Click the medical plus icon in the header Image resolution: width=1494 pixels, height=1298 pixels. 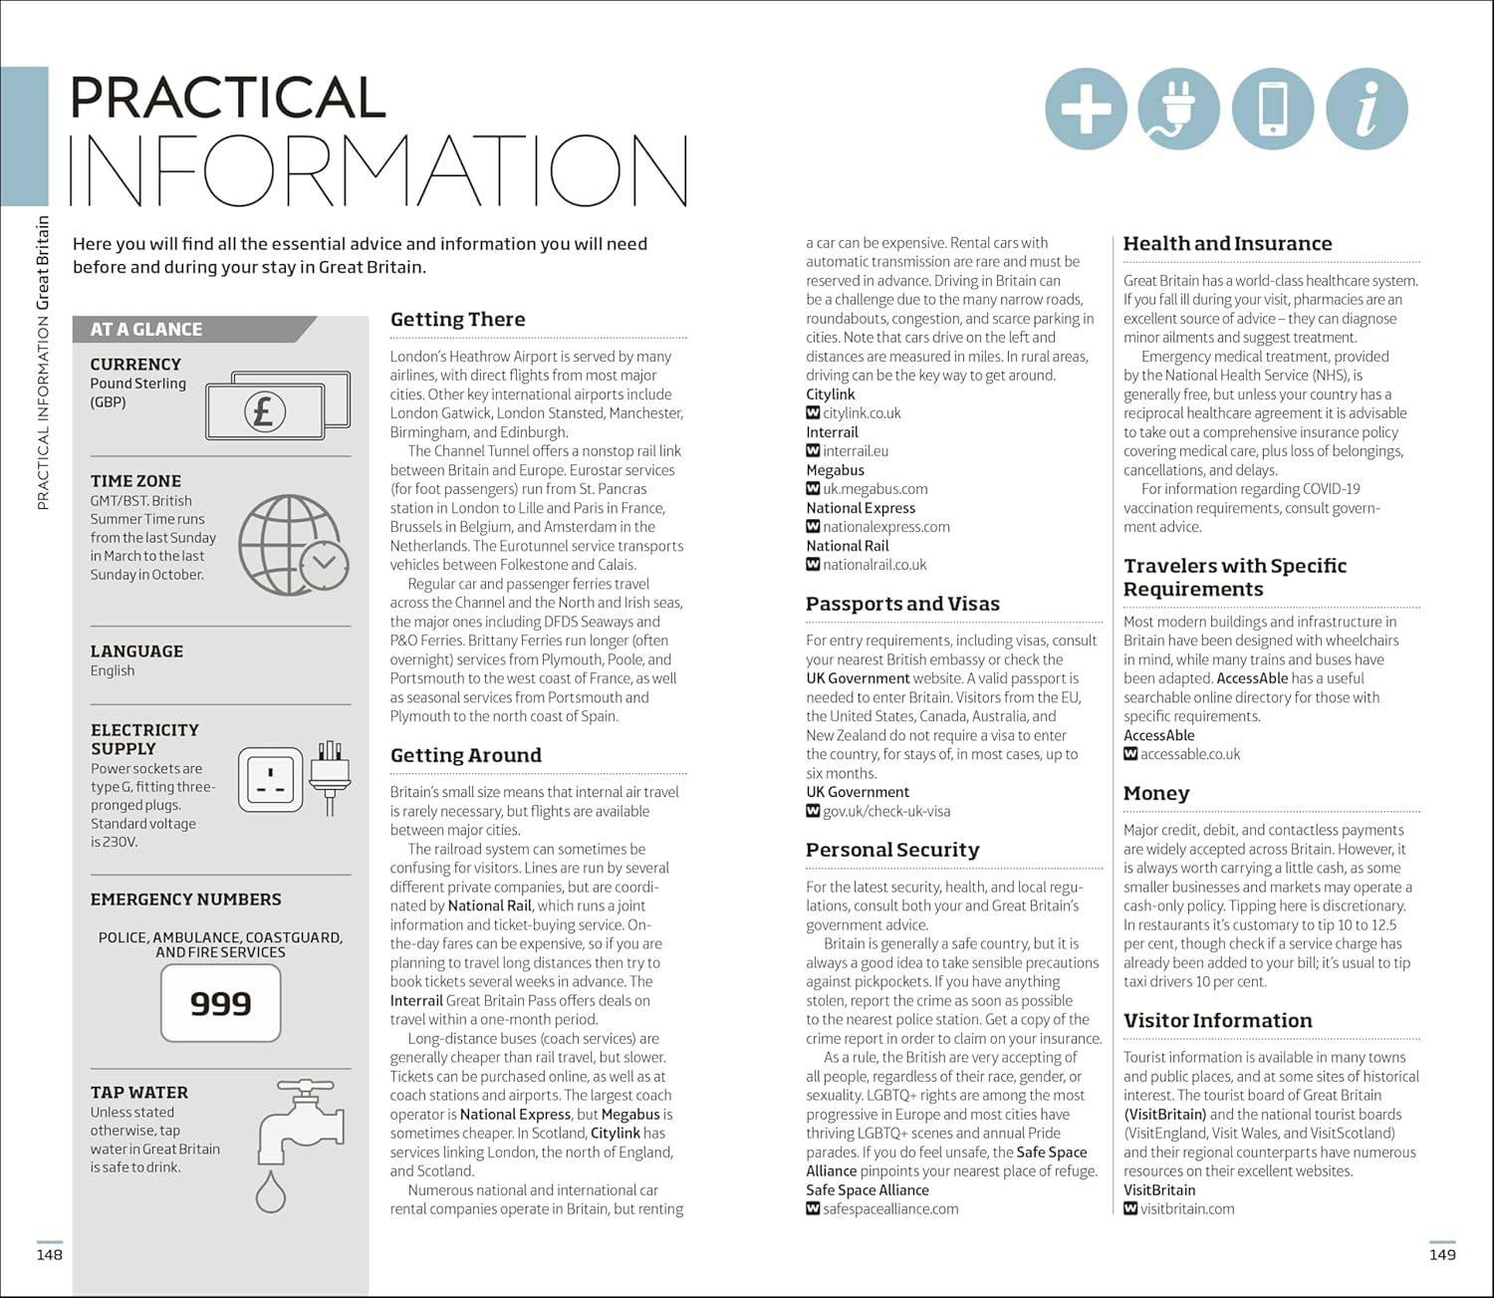[x=1086, y=109]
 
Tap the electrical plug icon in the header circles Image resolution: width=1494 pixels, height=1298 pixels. [x=1178, y=109]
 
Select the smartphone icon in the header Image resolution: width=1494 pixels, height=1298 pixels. [x=1273, y=109]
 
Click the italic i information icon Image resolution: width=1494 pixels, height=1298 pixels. [x=1367, y=109]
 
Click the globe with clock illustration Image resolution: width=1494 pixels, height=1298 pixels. [x=293, y=545]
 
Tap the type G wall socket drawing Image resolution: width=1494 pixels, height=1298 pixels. [x=270, y=779]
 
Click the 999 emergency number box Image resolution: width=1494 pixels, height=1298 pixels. [x=220, y=1003]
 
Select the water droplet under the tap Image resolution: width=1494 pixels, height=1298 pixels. [x=270, y=1191]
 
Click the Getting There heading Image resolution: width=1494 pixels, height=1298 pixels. [x=457, y=320]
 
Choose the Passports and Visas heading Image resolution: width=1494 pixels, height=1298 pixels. [x=902, y=604]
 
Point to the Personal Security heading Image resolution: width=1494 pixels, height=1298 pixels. [x=892, y=850]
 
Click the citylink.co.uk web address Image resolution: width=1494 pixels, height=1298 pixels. [x=862, y=413]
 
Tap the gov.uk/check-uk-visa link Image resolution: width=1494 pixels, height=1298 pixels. [x=885, y=812]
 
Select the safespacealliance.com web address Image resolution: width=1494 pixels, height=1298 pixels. [x=889, y=1209]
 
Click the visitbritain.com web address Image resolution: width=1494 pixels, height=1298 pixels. [x=1186, y=1209]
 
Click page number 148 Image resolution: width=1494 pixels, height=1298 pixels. [x=50, y=1255]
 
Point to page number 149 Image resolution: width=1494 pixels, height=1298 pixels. [x=1442, y=1255]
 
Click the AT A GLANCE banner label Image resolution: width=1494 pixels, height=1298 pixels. [x=146, y=330]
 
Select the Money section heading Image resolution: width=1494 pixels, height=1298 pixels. [x=1156, y=793]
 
